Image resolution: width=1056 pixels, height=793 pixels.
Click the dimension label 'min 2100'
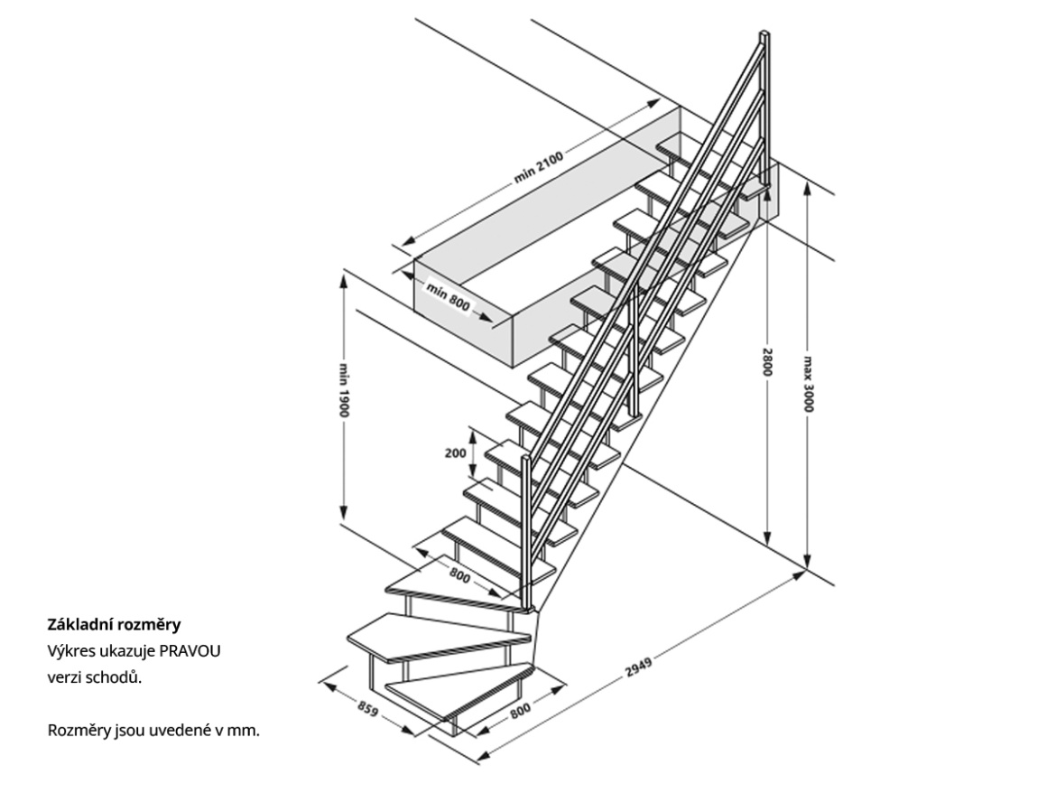tap(539, 168)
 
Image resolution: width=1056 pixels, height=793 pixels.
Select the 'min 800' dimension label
tap(449, 297)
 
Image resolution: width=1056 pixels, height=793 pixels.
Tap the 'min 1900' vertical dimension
tap(345, 390)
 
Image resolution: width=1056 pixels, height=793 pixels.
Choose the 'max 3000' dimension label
tap(807, 382)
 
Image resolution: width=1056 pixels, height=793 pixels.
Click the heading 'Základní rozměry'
tap(114, 624)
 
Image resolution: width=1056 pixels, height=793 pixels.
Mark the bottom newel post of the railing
tap(524, 533)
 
